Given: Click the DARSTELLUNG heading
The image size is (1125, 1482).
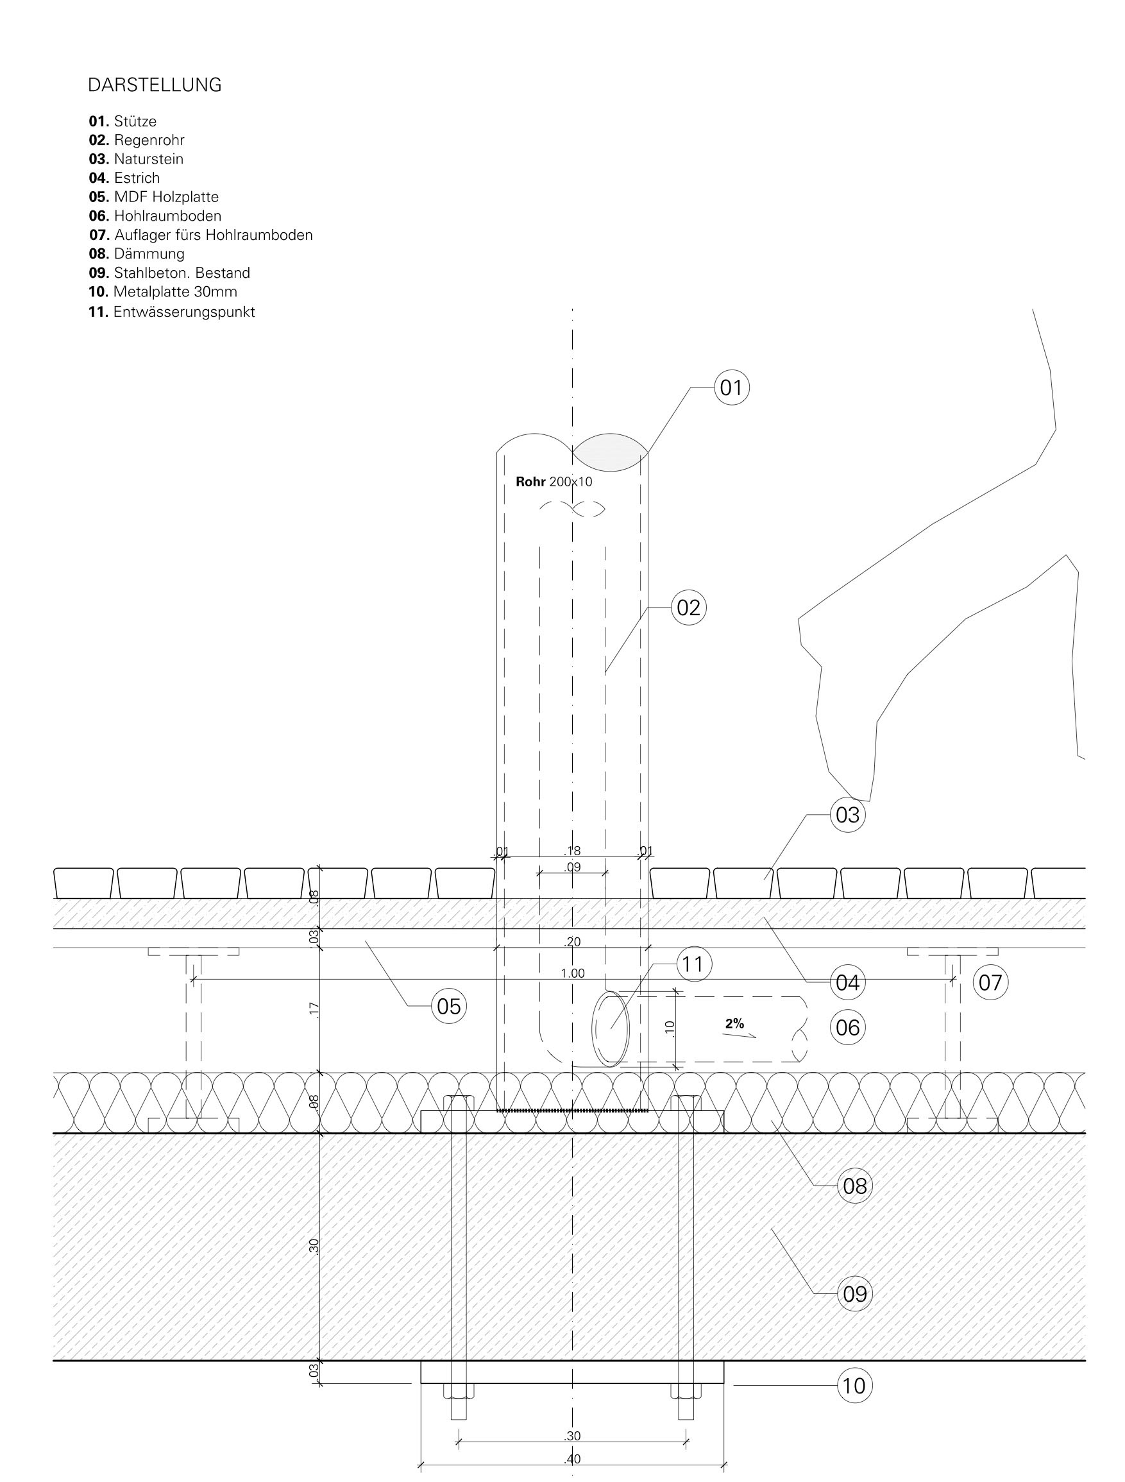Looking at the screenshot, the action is (155, 85).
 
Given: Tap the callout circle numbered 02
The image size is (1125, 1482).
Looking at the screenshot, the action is (688, 608).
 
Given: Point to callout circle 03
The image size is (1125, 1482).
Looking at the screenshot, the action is (848, 815).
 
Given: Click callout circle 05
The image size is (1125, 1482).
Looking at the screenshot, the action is (449, 1007).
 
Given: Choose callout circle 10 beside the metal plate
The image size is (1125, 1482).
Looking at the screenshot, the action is (854, 1386).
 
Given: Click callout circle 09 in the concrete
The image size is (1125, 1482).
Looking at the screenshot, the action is (855, 1294).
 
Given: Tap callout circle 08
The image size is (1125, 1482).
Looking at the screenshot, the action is (855, 1186).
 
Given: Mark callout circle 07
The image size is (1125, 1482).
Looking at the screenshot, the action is (990, 983).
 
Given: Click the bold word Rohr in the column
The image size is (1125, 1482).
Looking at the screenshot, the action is (530, 481).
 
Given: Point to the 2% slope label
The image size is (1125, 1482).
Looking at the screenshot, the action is (734, 1023).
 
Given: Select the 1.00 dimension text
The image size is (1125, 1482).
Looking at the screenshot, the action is (573, 973).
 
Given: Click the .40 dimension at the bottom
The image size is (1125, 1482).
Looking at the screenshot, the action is (573, 1458).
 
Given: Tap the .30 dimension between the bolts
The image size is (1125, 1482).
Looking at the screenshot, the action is (573, 1436).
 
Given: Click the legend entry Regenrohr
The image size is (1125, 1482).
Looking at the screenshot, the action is (137, 140).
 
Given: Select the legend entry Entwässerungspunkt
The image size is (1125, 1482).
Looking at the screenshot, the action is (172, 312).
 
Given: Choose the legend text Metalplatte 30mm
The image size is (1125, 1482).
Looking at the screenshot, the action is (163, 291).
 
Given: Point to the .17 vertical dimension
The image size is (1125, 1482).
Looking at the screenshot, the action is (314, 1010).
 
